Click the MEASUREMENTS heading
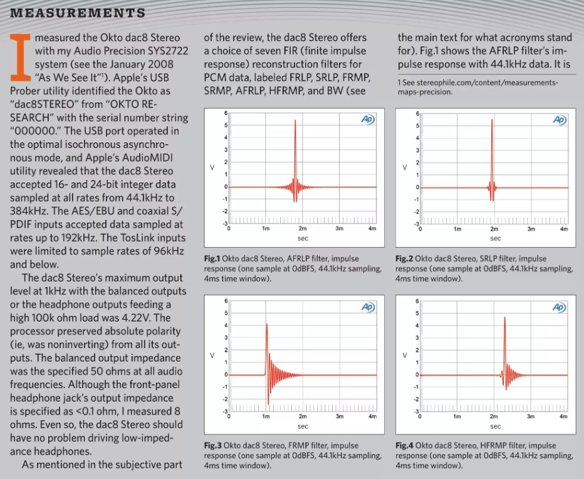78,13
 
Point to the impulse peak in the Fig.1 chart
295,121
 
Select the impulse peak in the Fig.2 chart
493,120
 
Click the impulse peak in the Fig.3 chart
267,324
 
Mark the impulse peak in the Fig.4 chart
505,318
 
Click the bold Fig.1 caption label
214,259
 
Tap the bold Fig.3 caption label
214,446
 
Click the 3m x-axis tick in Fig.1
339,229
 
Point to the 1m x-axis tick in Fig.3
266,416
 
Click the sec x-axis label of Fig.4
495,426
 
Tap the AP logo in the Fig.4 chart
559,307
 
